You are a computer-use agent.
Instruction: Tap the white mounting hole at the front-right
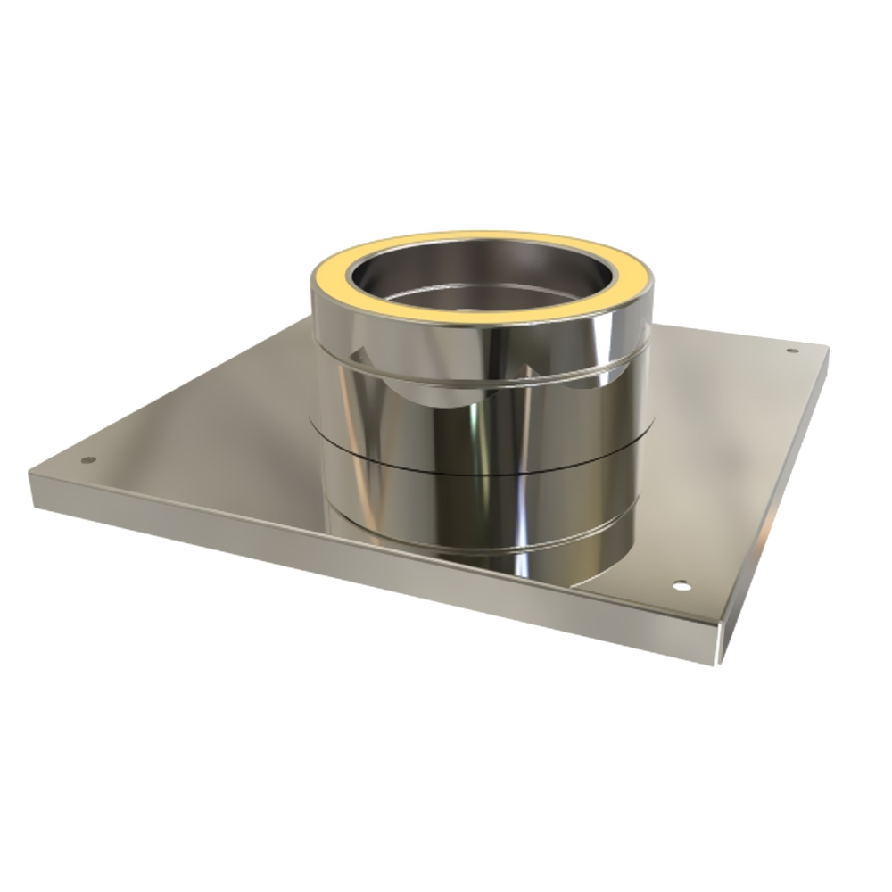point(681,587)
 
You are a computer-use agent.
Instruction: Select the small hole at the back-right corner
point(790,351)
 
